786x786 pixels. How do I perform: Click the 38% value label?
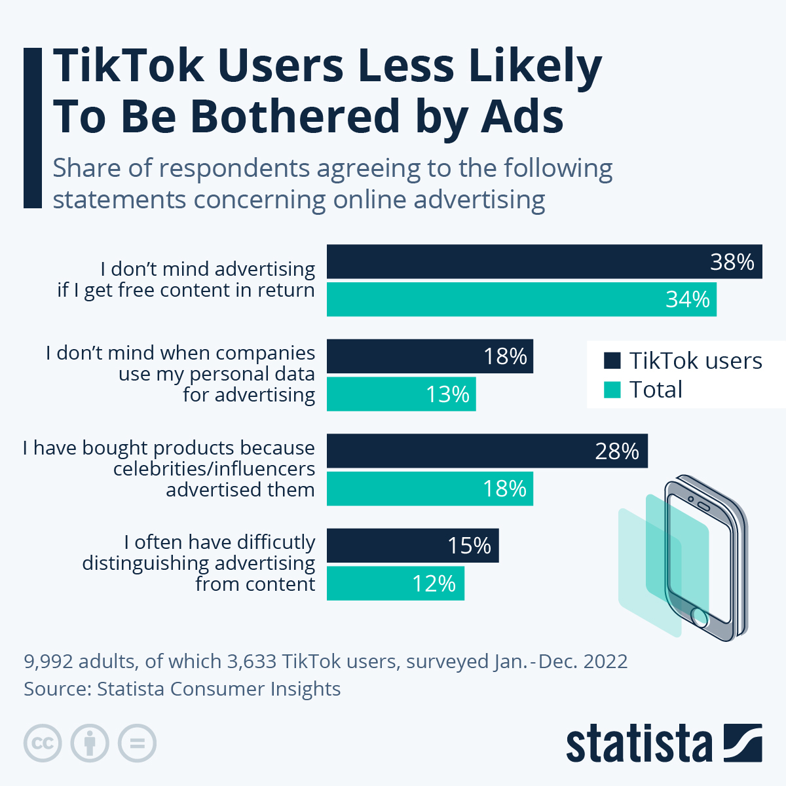pos(732,262)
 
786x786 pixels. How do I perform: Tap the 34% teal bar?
pos(521,299)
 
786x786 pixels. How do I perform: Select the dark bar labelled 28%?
pos(487,451)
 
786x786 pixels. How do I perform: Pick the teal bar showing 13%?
pos(401,394)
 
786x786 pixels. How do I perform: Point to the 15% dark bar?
pos(413,546)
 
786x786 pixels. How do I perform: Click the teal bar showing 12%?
pos(395,583)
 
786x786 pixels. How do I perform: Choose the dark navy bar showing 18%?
pos(430,356)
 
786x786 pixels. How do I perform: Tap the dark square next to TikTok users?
pos(612,361)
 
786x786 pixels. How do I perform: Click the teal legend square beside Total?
pos(612,390)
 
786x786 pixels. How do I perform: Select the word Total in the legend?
pos(656,390)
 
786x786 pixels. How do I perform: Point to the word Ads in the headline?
pos(522,117)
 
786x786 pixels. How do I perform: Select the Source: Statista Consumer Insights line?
pos(182,689)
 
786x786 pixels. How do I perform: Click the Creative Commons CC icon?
pos(43,743)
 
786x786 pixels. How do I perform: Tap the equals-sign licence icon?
pos(138,743)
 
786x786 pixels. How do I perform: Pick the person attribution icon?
pos(90,743)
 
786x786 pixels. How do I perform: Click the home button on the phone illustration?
pos(700,616)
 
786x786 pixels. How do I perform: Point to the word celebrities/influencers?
pos(214,469)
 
